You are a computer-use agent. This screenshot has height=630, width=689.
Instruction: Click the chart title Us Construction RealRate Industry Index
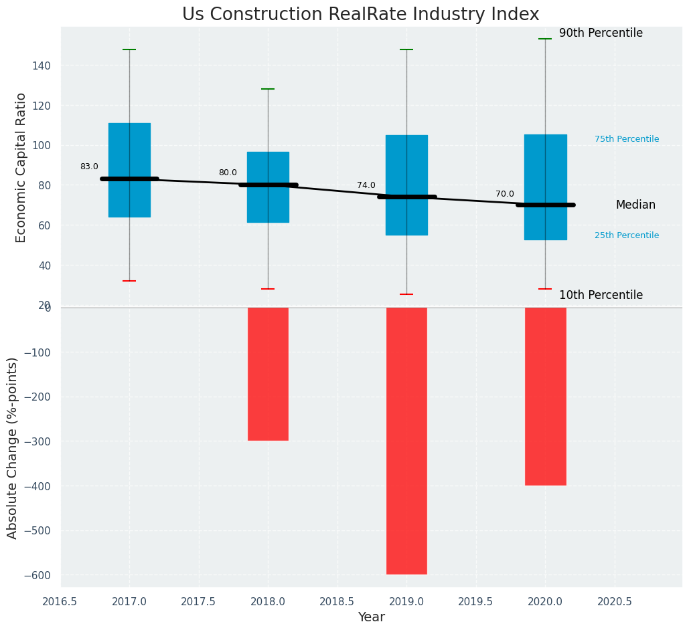pos(360,15)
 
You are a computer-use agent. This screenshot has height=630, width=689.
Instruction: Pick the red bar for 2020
pos(545,396)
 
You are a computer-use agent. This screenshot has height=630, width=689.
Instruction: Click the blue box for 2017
pos(129,150)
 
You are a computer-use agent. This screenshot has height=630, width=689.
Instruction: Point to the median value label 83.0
pos(89,167)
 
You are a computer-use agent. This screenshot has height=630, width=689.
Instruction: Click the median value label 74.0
pos(366,186)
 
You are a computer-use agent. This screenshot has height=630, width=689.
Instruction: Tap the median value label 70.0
pos(505,195)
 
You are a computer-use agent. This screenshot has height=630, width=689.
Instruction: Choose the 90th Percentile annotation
pos(601,33)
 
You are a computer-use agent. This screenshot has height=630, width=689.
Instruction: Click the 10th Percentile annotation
pos(601,296)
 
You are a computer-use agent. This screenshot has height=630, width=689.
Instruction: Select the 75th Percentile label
pos(627,139)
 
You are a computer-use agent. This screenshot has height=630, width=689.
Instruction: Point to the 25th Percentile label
pos(627,235)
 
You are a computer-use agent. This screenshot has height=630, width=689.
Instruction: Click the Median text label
pos(635,205)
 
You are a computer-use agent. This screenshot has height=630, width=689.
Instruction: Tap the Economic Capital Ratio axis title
pos(21,167)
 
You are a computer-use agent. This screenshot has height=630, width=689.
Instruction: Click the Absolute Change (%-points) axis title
pos(13,447)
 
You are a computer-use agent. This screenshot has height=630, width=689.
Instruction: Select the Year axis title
pos(371,617)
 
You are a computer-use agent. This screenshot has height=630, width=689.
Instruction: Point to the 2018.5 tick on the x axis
pos(337,602)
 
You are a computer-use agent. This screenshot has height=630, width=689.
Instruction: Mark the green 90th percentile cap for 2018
pos(268,89)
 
